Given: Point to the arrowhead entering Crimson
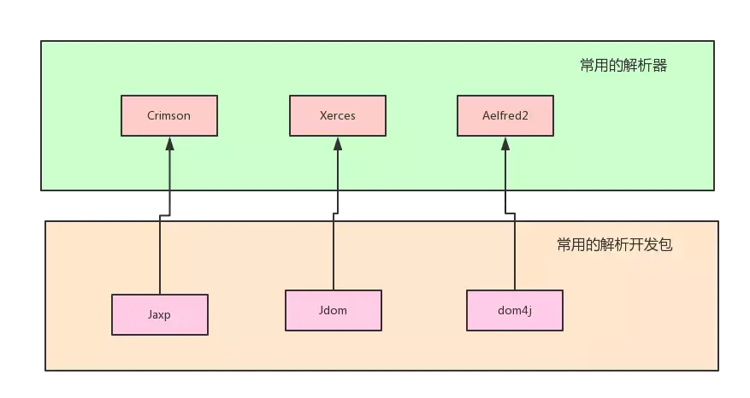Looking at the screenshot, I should [x=169, y=143].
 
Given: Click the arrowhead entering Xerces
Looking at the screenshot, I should [x=337, y=143].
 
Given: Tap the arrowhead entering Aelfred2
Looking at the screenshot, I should [x=505, y=143].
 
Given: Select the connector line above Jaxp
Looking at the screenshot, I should [x=160, y=256].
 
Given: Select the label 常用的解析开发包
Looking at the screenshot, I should [x=614, y=245].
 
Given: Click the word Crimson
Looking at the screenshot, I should [x=169, y=115].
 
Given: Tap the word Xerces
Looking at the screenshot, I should [x=337, y=115].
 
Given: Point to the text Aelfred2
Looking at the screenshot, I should [x=505, y=115].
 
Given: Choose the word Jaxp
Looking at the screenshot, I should [x=160, y=314].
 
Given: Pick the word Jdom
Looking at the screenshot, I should [x=333, y=310].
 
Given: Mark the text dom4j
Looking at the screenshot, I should [x=514, y=310].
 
